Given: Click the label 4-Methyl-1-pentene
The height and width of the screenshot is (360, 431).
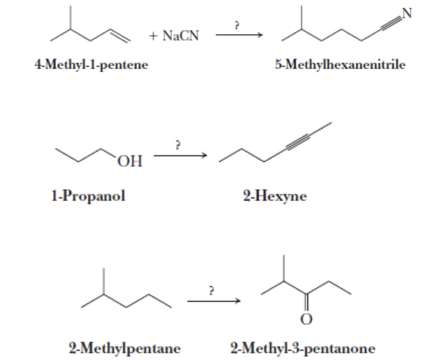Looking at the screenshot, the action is [91, 65].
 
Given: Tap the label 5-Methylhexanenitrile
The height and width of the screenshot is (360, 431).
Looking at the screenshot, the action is [340, 65].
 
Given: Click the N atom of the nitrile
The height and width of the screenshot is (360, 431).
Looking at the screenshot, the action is [407, 14].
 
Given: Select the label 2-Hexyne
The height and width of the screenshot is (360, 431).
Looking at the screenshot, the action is [275, 196].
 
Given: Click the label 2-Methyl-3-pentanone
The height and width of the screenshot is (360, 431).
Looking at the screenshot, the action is [303, 348].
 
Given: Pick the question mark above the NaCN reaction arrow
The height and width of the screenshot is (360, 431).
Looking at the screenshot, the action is [237, 26].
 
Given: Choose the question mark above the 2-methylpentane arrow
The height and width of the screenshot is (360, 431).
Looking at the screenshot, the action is [212, 291].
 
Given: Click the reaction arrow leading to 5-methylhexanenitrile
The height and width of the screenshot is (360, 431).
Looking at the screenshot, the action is [239, 35].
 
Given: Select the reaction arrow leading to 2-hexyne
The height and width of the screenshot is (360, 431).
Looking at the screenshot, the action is [180, 156].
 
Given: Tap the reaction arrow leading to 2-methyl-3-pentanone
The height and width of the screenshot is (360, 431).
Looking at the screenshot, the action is [214, 301].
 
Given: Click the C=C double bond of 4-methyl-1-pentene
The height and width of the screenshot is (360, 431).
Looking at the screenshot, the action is [120, 36].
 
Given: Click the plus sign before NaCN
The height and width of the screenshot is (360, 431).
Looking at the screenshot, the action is [153, 36].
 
